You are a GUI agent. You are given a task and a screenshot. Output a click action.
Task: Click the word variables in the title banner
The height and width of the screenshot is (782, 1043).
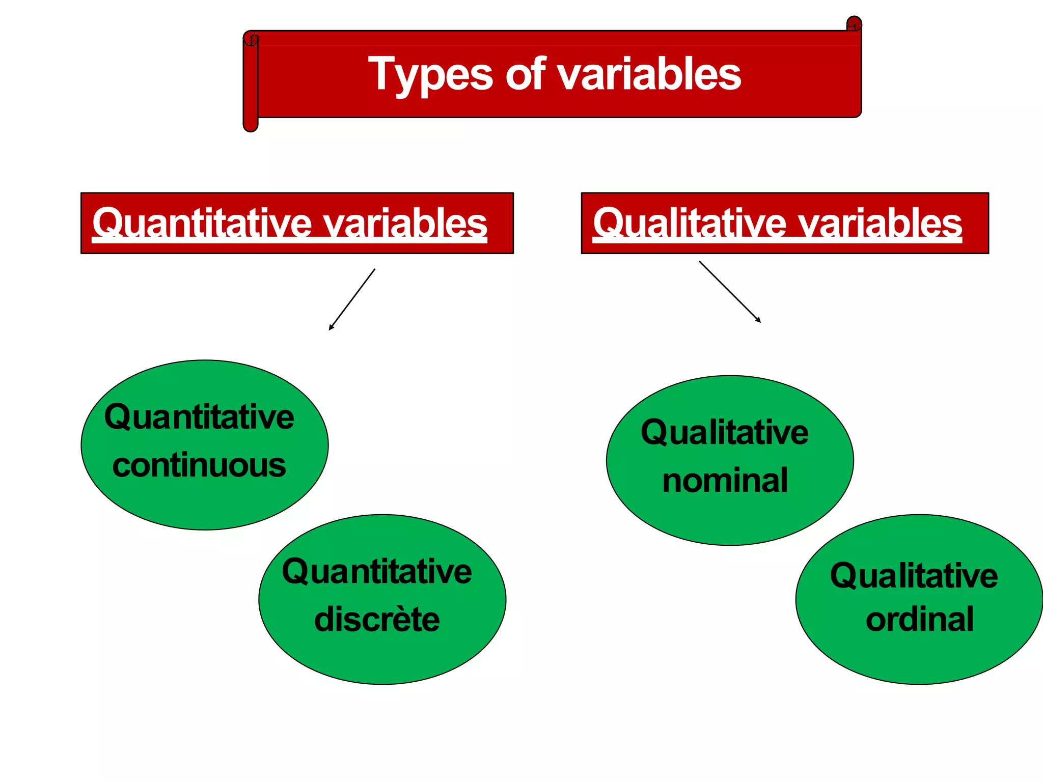649,75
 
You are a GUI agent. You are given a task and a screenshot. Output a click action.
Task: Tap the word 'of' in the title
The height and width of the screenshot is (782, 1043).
525,75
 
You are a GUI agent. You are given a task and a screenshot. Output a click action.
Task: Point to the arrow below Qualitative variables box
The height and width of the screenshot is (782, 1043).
729,291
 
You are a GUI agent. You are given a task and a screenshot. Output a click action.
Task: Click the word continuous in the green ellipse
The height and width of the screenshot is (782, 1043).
199,465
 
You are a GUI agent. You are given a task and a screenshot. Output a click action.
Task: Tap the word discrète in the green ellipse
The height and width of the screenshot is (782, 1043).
377,620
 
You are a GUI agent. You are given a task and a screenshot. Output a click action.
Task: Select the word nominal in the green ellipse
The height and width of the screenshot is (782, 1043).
725,481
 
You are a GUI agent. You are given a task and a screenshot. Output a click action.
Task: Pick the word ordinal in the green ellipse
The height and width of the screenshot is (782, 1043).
920,620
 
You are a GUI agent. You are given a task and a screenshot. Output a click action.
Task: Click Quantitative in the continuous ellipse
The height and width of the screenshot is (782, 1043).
199,417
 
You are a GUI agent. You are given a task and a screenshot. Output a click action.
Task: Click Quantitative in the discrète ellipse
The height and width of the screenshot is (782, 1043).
377,572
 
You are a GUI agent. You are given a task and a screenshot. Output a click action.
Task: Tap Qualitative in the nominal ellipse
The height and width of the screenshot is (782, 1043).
725,433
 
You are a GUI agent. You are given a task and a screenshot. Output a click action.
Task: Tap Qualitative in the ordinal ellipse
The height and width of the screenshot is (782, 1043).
914,576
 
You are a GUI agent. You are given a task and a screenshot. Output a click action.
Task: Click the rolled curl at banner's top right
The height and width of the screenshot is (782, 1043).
854,23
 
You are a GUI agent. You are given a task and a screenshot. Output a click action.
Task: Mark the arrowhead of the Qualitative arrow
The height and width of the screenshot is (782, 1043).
758,320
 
